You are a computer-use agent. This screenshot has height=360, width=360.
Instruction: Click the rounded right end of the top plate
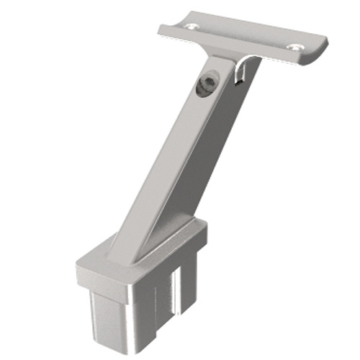tap(321, 50)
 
